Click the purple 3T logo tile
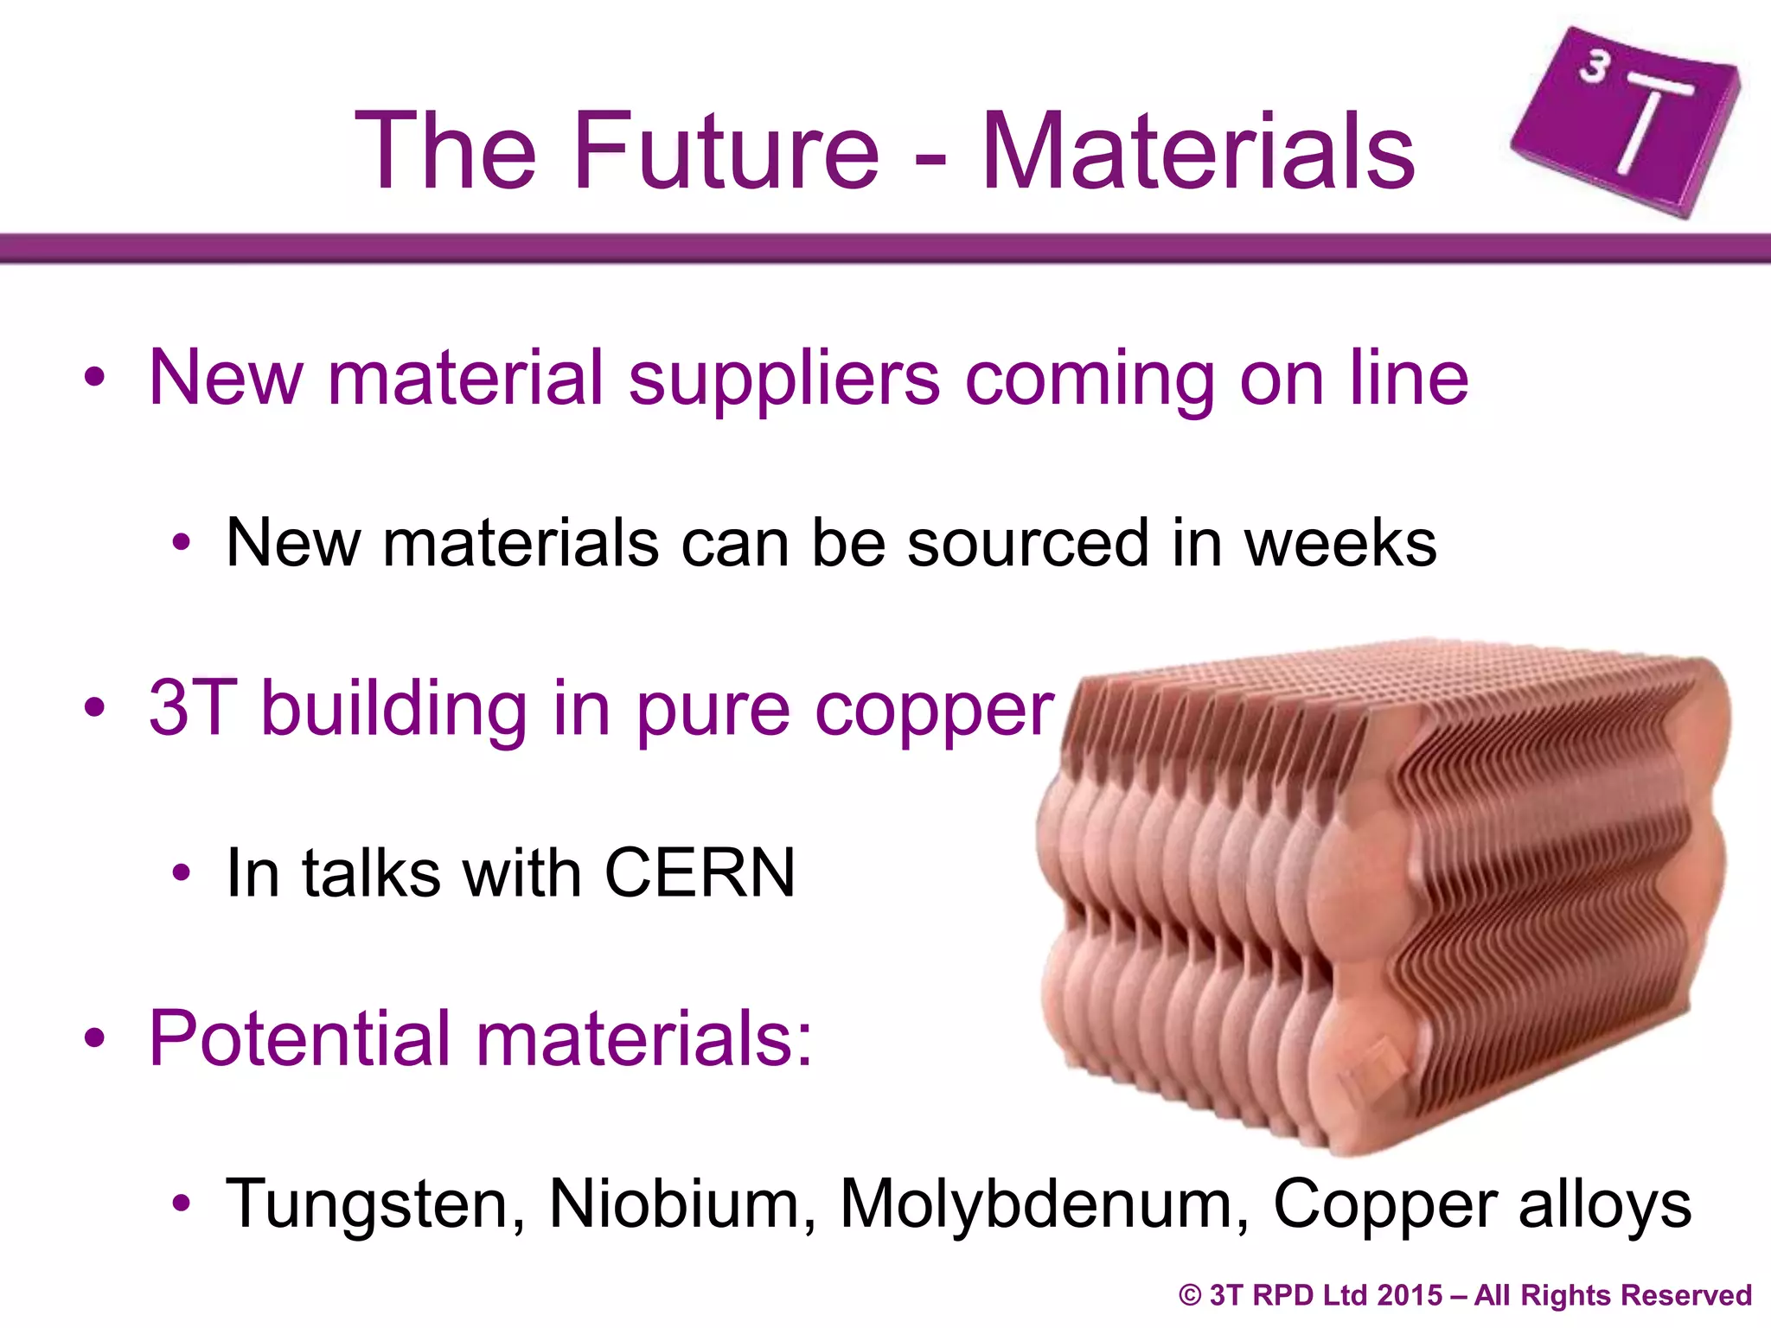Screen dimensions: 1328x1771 1626,121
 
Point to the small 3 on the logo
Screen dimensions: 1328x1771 1594,67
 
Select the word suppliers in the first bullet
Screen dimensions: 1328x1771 783,380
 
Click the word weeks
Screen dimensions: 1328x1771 1339,543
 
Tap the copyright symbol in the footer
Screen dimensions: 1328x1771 1191,1295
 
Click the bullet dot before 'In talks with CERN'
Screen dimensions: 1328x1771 181,873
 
